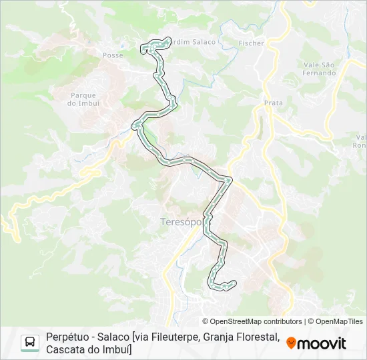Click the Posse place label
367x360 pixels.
point(113,55)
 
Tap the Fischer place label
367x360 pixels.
point(251,43)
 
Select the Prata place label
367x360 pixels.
point(274,103)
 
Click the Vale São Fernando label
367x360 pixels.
point(319,69)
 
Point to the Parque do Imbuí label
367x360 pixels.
point(84,99)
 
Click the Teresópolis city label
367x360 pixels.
point(181,222)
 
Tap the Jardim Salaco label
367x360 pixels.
point(194,42)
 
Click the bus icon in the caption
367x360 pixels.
point(30,343)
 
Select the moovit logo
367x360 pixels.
point(316,343)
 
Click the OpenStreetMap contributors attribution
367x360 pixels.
point(252,321)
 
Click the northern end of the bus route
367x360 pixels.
point(143,47)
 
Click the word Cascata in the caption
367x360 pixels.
point(65,349)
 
